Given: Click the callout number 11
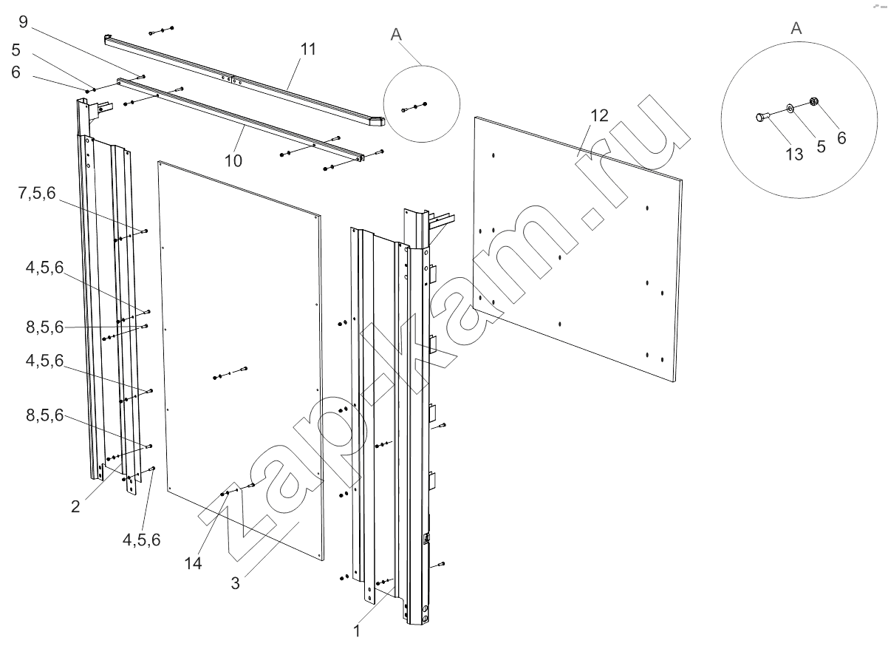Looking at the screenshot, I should (x=308, y=50).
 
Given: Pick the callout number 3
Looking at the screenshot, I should (x=235, y=582).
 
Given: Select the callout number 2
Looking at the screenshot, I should (x=75, y=507).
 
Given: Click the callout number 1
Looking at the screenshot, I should (x=356, y=631).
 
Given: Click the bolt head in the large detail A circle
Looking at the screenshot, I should (x=759, y=116).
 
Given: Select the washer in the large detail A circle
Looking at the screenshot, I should (x=790, y=108).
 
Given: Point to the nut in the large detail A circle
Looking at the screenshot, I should (x=813, y=102).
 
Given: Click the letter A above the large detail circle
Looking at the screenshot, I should (x=796, y=29).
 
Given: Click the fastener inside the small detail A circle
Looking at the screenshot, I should (x=415, y=107).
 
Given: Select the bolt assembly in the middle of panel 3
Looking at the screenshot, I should (x=230, y=373).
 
